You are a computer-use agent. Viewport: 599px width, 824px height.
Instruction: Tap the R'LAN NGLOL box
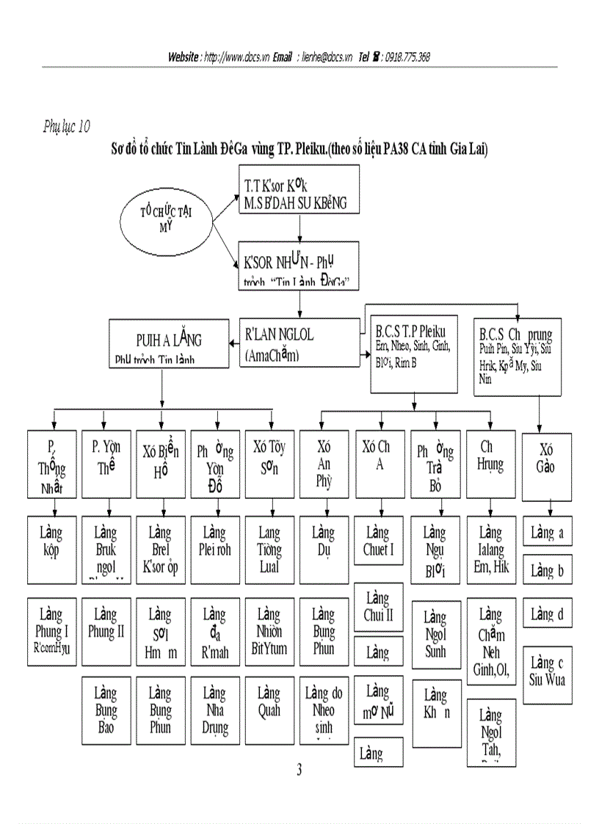(299, 343)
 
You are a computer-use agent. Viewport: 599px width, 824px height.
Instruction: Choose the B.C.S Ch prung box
(518, 357)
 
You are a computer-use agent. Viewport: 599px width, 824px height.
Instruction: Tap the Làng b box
(547, 570)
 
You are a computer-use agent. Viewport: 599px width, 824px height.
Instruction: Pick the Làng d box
(547, 614)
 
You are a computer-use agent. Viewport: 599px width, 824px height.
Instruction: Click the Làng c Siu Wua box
(547, 671)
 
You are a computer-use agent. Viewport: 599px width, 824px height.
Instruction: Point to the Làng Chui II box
(379, 606)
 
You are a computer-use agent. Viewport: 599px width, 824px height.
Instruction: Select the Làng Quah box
(269, 701)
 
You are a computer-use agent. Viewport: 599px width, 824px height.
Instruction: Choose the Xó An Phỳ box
(324, 464)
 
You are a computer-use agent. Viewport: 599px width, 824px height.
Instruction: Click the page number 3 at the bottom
(299, 770)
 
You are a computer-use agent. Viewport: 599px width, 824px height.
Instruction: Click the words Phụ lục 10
(67, 127)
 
